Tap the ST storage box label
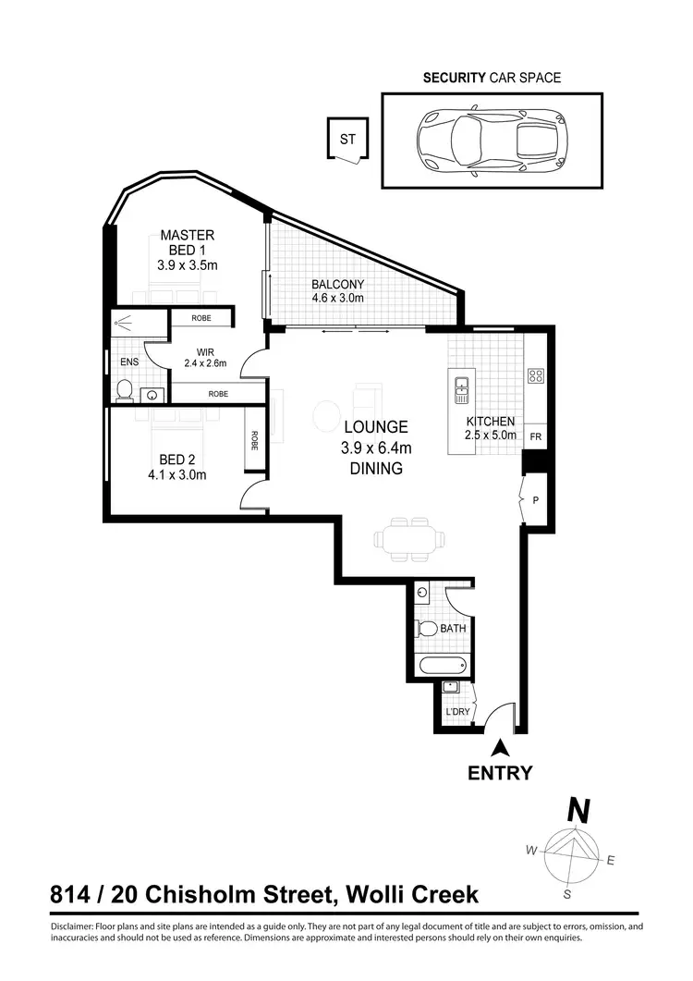(347, 141)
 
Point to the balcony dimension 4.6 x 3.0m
(337, 298)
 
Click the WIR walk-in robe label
(205, 351)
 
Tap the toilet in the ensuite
(124, 390)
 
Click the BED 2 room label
(176, 460)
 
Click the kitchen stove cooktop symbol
(535, 375)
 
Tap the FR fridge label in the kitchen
(535, 436)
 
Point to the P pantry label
(535, 500)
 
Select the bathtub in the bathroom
(445, 666)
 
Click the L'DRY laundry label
(457, 712)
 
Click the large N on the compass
(578, 811)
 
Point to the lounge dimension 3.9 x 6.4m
(376, 448)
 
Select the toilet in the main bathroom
(428, 629)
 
